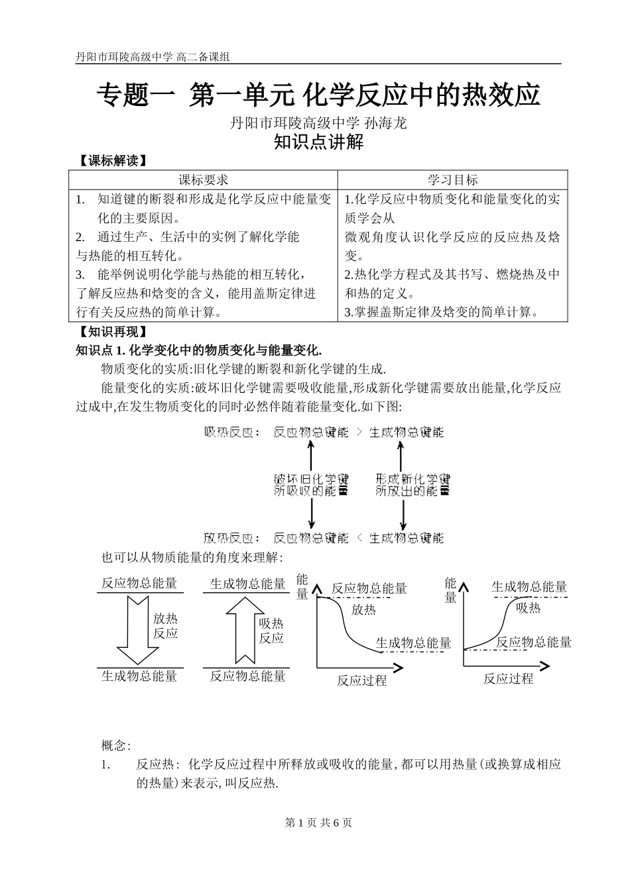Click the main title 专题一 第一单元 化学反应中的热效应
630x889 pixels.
(x=319, y=95)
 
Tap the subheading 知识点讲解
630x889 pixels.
(x=319, y=142)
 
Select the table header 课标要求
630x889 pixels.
(x=204, y=180)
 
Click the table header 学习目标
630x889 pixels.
(x=452, y=180)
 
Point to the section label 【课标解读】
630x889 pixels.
(x=109, y=161)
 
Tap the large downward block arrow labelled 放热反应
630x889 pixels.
(x=137, y=629)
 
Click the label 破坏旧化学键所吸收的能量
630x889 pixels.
(x=311, y=485)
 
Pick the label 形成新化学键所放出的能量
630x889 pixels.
(x=412, y=485)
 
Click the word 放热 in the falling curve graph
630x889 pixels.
(x=363, y=609)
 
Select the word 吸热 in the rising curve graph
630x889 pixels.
(x=528, y=608)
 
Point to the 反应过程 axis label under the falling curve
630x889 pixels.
(x=361, y=680)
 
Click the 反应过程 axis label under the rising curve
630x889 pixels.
(x=508, y=678)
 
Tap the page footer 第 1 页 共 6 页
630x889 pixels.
(x=318, y=823)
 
